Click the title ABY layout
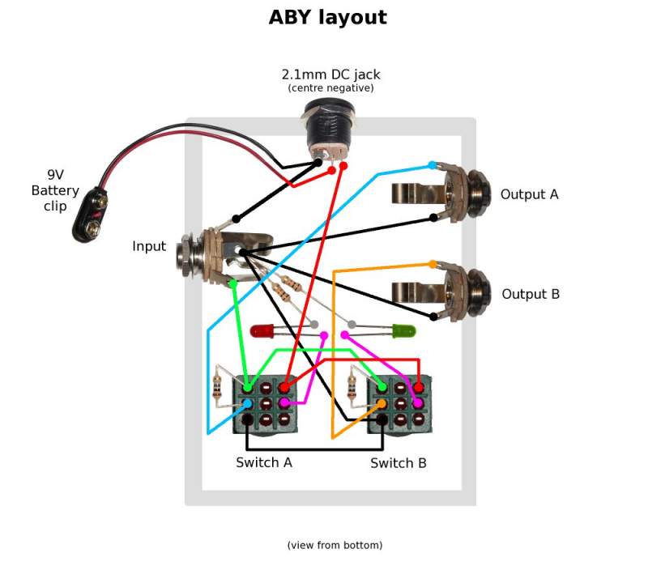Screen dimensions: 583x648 tap(327, 17)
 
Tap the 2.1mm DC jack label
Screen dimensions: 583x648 tap(330, 74)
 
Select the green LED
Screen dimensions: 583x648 tap(403, 330)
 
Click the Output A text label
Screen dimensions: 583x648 tap(529, 194)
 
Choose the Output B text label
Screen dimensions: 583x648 tap(531, 294)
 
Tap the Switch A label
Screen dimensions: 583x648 tap(263, 462)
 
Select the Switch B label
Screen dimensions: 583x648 tap(398, 463)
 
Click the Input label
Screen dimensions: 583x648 tap(149, 246)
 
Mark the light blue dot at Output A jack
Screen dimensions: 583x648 tap(432, 165)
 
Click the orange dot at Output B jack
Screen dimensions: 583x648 tap(432, 264)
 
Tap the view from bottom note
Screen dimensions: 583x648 tap(335, 545)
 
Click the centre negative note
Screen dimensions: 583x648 tap(330, 88)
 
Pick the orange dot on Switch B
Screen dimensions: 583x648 tap(382, 402)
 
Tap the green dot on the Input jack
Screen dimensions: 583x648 tap(232, 283)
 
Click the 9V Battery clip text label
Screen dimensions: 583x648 tap(54, 190)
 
